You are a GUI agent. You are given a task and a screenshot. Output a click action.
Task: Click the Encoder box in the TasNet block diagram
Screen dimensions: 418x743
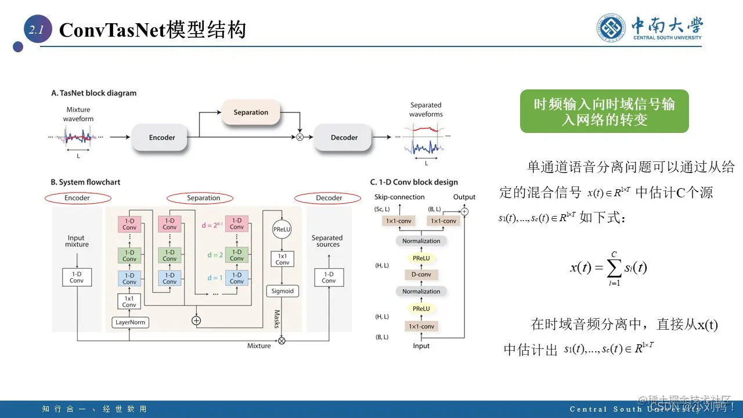tap(162, 138)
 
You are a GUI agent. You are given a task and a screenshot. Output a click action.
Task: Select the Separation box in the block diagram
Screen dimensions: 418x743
tap(251, 112)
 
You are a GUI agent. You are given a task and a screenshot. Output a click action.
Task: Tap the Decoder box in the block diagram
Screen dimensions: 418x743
tap(344, 138)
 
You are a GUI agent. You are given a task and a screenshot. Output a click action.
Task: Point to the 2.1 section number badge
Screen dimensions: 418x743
tap(36, 30)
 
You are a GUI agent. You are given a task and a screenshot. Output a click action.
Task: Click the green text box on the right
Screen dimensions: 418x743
tap(604, 111)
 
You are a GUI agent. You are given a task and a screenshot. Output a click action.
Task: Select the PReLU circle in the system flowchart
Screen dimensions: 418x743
tap(282, 229)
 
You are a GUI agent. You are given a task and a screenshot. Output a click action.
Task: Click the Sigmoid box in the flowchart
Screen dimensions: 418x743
tap(282, 291)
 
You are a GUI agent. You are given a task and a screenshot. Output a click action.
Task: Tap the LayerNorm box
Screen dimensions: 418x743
tap(129, 322)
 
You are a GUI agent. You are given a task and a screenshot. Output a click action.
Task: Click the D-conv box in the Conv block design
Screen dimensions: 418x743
tap(421, 274)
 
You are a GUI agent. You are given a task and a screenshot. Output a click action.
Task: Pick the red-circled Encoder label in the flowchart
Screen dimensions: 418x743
tap(77, 198)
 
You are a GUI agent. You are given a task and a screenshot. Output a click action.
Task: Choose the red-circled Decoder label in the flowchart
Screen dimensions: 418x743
tap(329, 198)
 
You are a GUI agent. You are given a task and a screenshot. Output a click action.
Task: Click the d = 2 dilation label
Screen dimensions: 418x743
tap(215, 255)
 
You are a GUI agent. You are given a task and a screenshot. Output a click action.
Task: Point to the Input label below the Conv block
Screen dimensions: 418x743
tap(421, 346)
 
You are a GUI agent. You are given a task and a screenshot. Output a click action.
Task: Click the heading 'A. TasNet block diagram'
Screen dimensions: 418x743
tap(94, 93)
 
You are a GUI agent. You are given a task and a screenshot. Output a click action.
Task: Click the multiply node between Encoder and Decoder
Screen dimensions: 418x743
tap(300, 138)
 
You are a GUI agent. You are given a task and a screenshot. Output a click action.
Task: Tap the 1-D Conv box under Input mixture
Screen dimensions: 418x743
tap(77, 277)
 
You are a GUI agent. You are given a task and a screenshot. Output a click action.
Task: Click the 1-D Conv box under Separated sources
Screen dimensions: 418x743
tap(329, 277)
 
